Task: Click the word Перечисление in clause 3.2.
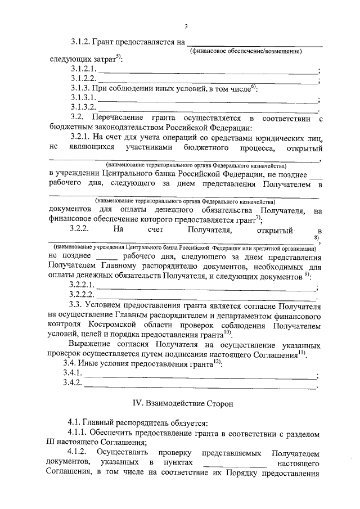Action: pos(112,118)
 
